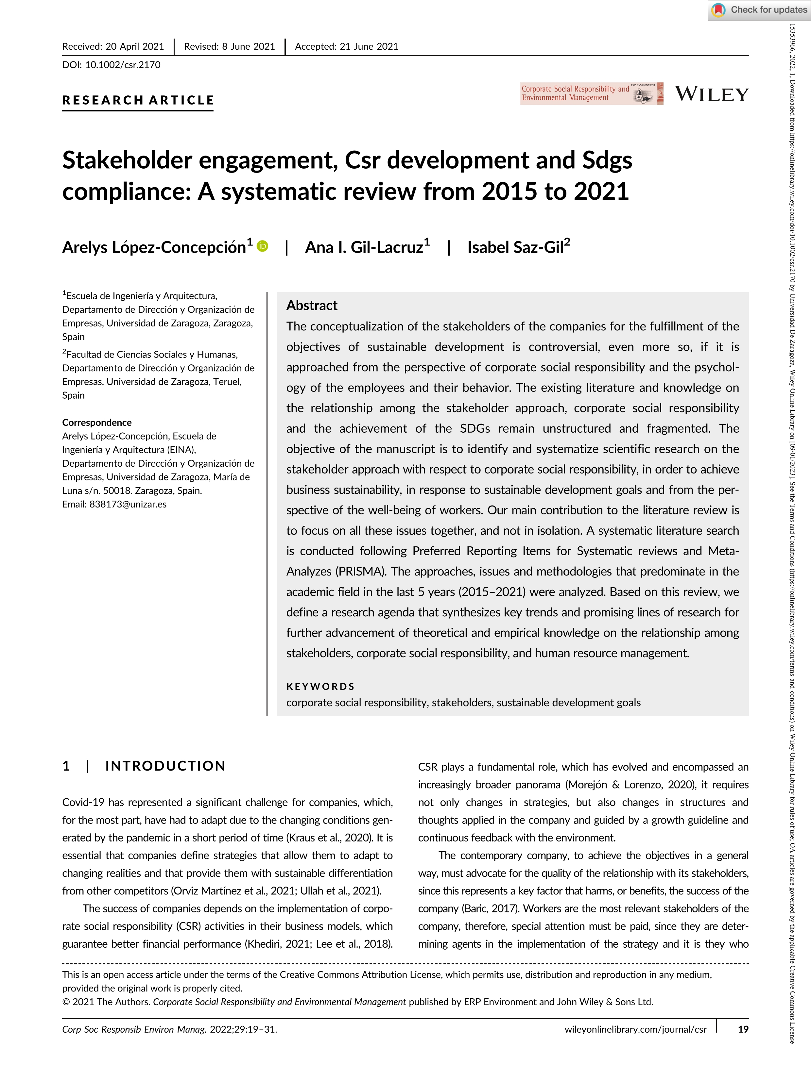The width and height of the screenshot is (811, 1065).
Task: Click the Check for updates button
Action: pyautogui.click(x=759, y=10)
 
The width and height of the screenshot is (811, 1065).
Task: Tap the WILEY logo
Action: pyautogui.click(x=712, y=94)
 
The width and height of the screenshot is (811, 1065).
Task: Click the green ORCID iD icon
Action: pyautogui.click(x=263, y=246)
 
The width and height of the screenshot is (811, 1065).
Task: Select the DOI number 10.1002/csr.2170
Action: pyautogui.click(x=123, y=65)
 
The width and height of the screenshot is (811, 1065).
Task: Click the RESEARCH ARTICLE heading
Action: pyautogui.click(x=138, y=100)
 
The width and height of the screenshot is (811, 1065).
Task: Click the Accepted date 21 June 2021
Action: pyautogui.click(x=369, y=46)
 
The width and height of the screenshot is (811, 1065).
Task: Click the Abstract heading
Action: pyautogui.click(x=312, y=305)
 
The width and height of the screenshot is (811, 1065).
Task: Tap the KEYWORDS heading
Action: pyautogui.click(x=320, y=686)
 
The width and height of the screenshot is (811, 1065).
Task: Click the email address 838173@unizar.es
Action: pyautogui.click(x=128, y=504)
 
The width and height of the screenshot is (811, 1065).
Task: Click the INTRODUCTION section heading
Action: pyautogui.click(x=165, y=766)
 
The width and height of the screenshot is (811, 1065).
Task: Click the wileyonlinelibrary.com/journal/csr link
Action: pyautogui.click(x=635, y=1029)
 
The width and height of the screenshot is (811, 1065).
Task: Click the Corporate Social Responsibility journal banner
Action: pyautogui.click(x=591, y=93)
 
